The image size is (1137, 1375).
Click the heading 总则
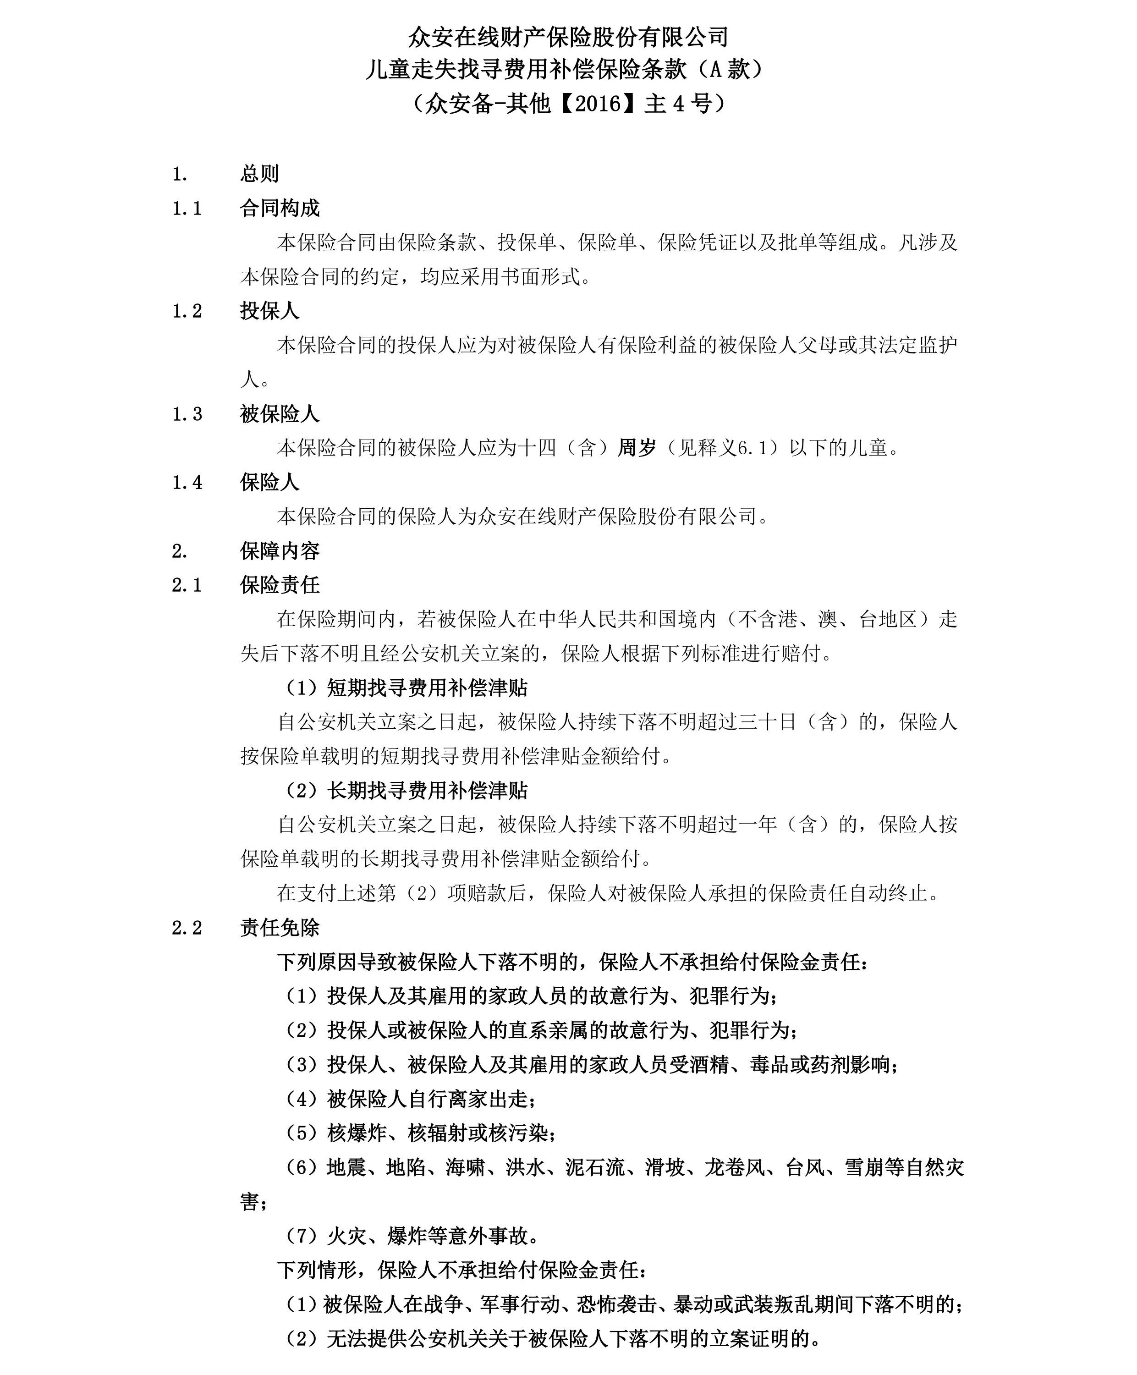[x=259, y=174]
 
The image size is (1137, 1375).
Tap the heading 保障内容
[x=280, y=550]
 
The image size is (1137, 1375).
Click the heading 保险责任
[x=280, y=585]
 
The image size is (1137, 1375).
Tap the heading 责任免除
[x=280, y=928]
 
